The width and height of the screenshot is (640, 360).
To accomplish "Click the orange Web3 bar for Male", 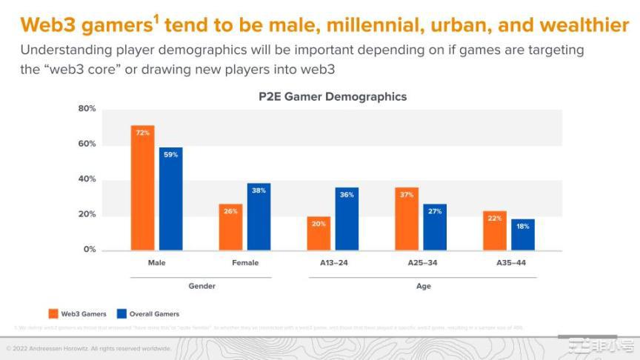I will (x=142, y=188).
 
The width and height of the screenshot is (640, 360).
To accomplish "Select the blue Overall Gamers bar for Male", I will (x=170, y=199).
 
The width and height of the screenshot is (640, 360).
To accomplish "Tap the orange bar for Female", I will (x=230, y=227).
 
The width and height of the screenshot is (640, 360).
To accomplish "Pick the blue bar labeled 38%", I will (x=259, y=216).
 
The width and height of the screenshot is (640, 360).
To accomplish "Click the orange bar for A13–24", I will (x=319, y=233).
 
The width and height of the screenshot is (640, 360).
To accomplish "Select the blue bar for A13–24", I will (x=347, y=219).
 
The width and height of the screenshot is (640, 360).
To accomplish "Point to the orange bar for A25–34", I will (x=407, y=219).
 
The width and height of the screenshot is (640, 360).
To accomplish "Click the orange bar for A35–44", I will (x=495, y=230).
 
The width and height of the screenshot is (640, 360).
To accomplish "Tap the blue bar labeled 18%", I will (x=523, y=235).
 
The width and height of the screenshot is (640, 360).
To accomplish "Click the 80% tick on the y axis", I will (x=87, y=109).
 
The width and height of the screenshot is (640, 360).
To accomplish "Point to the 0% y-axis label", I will (x=89, y=250).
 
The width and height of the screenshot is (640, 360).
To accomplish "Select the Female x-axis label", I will (x=244, y=263).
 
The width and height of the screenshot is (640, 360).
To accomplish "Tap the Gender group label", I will (x=201, y=286).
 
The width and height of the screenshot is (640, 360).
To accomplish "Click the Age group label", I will (x=422, y=286).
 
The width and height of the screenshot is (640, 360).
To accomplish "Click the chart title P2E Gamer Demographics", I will (x=332, y=96).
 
